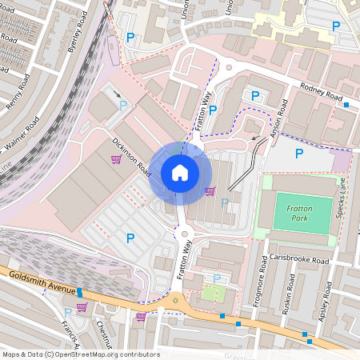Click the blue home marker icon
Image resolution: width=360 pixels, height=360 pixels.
[180, 172]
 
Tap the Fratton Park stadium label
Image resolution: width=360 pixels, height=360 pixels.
[297, 213]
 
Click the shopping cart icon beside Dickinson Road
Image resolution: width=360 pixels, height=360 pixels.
[117, 158]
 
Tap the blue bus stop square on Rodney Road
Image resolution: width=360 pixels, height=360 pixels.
[346, 105]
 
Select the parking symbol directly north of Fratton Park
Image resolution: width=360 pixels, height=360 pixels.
[299, 154]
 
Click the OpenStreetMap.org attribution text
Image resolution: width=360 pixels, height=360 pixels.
[111, 354]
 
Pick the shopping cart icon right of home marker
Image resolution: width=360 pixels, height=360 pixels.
[210, 190]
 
